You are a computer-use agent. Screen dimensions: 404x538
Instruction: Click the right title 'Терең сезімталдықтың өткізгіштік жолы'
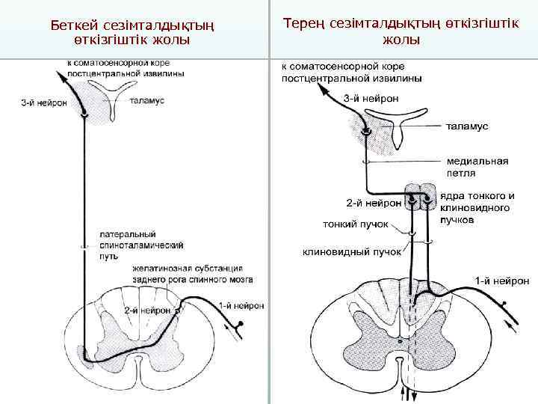tap(401, 31)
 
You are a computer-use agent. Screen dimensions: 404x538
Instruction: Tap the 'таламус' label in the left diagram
tap(147, 100)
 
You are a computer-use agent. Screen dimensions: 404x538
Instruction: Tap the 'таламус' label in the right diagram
tap(467, 126)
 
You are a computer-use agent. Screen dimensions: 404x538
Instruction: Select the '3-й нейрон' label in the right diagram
tap(371, 97)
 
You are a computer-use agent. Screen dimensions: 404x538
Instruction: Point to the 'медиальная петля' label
tap(477, 166)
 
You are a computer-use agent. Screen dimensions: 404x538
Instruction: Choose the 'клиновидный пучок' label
tap(351, 252)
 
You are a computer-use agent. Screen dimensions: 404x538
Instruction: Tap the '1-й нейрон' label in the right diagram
tap(502, 281)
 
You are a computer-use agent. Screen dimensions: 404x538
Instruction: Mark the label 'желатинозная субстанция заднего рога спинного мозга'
tap(192, 273)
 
